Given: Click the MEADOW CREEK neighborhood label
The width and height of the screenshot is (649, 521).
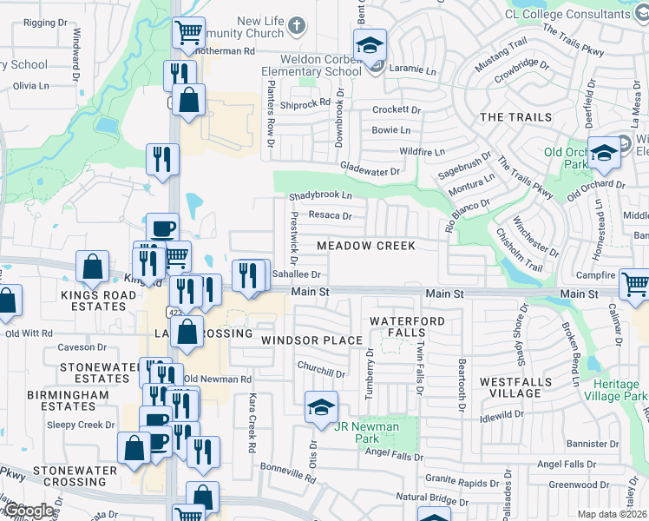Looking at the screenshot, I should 365,247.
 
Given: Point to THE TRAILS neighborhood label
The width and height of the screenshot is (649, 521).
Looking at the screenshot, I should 515,117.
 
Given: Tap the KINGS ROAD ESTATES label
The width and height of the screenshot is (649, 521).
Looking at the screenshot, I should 98,301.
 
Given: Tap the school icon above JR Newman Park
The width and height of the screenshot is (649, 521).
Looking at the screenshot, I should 320,406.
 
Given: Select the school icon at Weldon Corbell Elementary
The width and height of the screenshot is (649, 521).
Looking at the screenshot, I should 370,44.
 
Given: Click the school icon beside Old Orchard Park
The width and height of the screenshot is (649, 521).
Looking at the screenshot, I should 604,152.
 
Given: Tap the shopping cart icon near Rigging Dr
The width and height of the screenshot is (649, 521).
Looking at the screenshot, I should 188,32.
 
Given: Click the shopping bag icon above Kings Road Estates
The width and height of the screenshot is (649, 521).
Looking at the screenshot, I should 92,266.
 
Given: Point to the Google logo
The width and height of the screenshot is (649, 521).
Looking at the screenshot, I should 29,511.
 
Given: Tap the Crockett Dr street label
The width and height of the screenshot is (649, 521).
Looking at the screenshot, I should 396,110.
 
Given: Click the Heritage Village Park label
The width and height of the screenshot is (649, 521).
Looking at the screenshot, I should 620,390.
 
